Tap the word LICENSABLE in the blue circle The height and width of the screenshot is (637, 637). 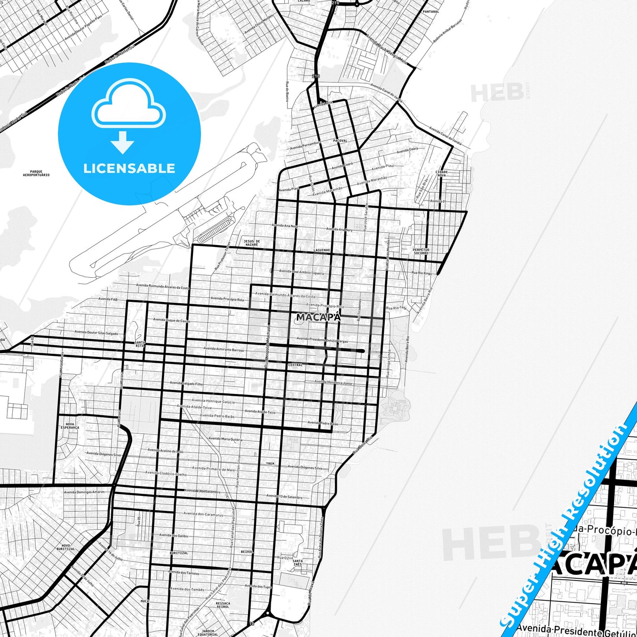pos(129,168)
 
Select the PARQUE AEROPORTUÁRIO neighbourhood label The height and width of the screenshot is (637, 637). pos(36,173)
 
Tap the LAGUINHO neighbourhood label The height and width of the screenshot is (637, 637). pos(322,250)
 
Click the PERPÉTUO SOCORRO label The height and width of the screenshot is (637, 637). pos(421,251)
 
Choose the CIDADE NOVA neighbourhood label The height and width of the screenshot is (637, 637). pos(441,173)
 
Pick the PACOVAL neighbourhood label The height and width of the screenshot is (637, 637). pos(340,141)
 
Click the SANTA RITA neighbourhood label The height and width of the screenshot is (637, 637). pos(140,344)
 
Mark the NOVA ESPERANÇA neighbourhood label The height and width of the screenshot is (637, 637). pos(70,426)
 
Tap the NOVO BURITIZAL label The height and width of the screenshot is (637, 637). pos(66,547)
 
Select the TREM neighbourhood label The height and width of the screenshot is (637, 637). pos(270,464)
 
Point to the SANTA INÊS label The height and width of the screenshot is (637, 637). pos(298,562)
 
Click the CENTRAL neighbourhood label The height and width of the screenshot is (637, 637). pos(295,365)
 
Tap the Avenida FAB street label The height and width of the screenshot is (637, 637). pos(108,299)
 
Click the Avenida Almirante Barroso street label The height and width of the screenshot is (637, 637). pos(224,349)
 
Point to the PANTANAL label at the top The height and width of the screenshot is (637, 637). pos(431,11)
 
